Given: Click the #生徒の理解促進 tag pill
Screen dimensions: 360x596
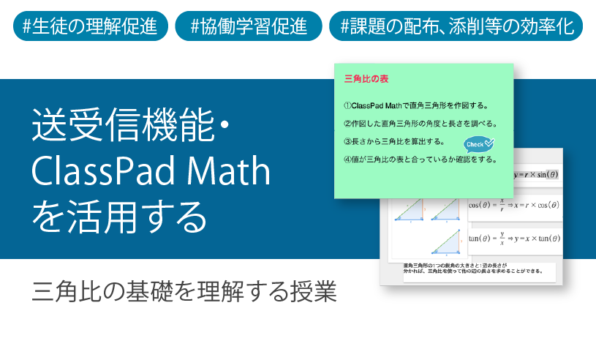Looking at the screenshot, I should tap(90, 26).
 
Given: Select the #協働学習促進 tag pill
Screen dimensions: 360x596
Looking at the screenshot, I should tap(249, 26).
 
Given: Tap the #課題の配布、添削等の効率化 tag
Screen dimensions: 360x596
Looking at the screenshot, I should tap(457, 26).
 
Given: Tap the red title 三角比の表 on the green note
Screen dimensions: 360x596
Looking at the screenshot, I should tap(366, 78).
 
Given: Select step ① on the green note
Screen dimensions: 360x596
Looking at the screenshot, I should tap(415, 105).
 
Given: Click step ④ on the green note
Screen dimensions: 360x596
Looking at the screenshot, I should tap(420, 159).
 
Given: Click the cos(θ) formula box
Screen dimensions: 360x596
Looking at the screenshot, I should tap(516, 206).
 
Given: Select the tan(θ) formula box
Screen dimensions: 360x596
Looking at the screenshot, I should tap(516, 239).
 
